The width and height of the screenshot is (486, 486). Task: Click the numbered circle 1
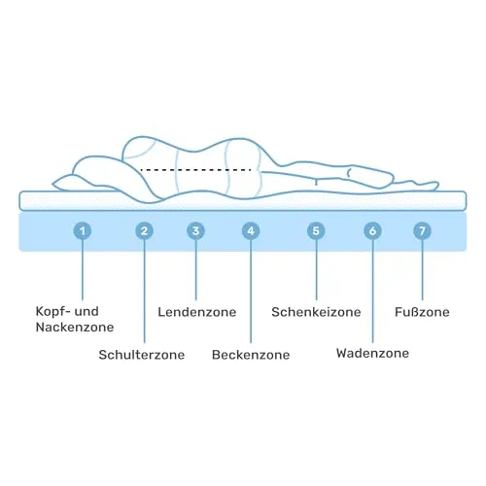click(x=83, y=231)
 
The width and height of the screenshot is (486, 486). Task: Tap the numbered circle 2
click(x=144, y=231)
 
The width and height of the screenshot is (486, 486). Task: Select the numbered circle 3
click(x=195, y=231)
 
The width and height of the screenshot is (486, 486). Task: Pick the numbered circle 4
click(x=251, y=231)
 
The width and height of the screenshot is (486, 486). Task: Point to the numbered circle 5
click(x=316, y=231)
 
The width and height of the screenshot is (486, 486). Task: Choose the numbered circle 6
click(x=372, y=231)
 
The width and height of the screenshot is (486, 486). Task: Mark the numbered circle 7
click(x=422, y=231)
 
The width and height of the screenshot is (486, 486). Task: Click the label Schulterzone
click(x=142, y=355)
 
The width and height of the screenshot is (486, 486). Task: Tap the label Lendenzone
click(x=197, y=312)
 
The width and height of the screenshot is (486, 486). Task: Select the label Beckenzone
click(x=251, y=355)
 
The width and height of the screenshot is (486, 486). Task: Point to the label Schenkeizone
click(x=316, y=312)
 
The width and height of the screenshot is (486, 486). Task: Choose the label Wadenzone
click(x=372, y=353)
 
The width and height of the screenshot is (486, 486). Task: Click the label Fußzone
click(x=422, y=312)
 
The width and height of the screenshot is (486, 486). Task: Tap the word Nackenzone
click(x=75, y=327)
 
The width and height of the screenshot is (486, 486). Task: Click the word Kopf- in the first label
click(x=53, y=312)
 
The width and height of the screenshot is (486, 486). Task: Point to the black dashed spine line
click(x=195, y=169)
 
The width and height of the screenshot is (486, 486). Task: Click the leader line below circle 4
click(x=251, y=292)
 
